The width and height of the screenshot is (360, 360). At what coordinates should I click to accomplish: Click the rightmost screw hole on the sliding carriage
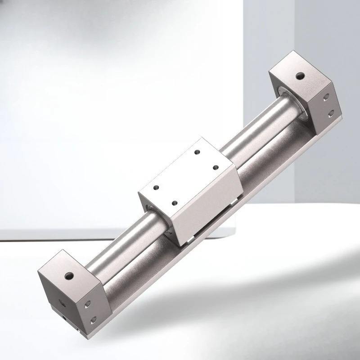pyautogui.click(x=216, y=168)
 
